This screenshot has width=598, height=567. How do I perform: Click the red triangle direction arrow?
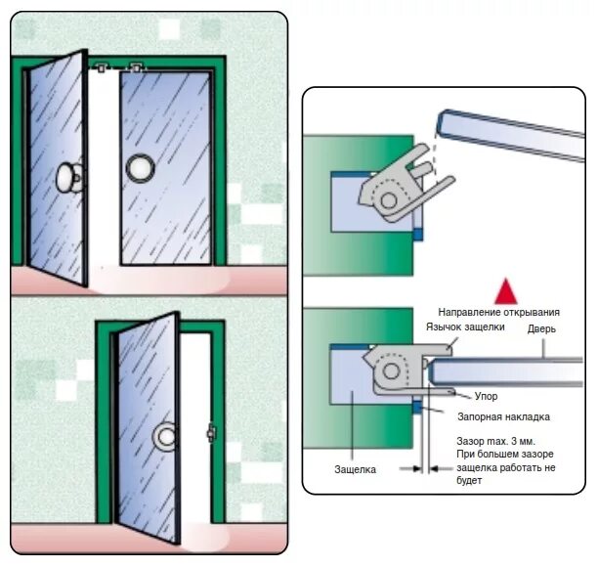[504, 290]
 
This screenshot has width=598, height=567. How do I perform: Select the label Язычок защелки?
[464, 327]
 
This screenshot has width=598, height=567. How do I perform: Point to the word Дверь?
[541, 329]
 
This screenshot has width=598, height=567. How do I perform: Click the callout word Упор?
[486, 397]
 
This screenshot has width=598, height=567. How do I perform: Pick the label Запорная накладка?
[501, 416]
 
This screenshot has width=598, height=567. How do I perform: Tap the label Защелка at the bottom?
[355, 469]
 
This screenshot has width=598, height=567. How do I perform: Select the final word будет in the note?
[470, 482]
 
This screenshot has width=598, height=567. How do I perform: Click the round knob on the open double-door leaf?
[69, 178]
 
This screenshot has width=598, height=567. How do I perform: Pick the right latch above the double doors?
[137, 68]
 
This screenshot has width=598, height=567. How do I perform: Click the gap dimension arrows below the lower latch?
[423, 468]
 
